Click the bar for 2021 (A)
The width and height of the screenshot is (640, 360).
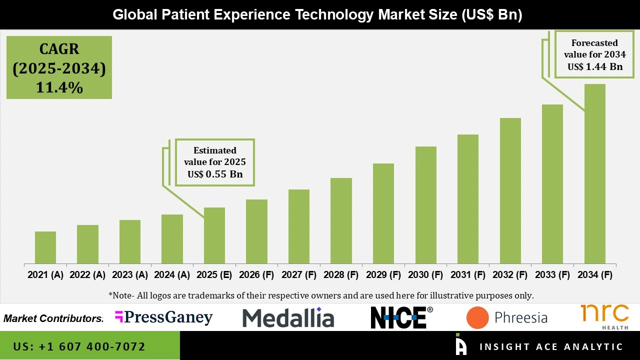[x=45, y=247]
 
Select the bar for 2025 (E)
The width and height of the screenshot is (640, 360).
[x=214, y=235]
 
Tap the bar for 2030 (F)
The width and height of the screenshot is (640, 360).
[x=425, y=205]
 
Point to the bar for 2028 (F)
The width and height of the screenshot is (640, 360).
[x=341, y=220]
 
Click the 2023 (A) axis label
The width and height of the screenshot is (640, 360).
[x=130, y=275]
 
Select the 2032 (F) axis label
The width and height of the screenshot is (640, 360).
[x=510, y=275]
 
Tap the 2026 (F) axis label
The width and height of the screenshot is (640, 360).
[x=256, y=275]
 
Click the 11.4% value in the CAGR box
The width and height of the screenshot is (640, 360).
[x=59, y=88]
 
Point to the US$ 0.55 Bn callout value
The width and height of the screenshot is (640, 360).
[x=215, y=174]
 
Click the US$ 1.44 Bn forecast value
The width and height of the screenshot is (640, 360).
[x=594, y=66]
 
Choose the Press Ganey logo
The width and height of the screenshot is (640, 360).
[x=163, y=317]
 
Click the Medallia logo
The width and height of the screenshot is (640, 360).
[x=288, y=318]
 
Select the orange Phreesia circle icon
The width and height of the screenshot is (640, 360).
[x=477, y=318]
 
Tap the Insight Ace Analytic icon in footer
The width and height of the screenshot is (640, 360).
[x=460, y=344]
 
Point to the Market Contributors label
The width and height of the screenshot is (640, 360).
[x=53, y=318]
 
